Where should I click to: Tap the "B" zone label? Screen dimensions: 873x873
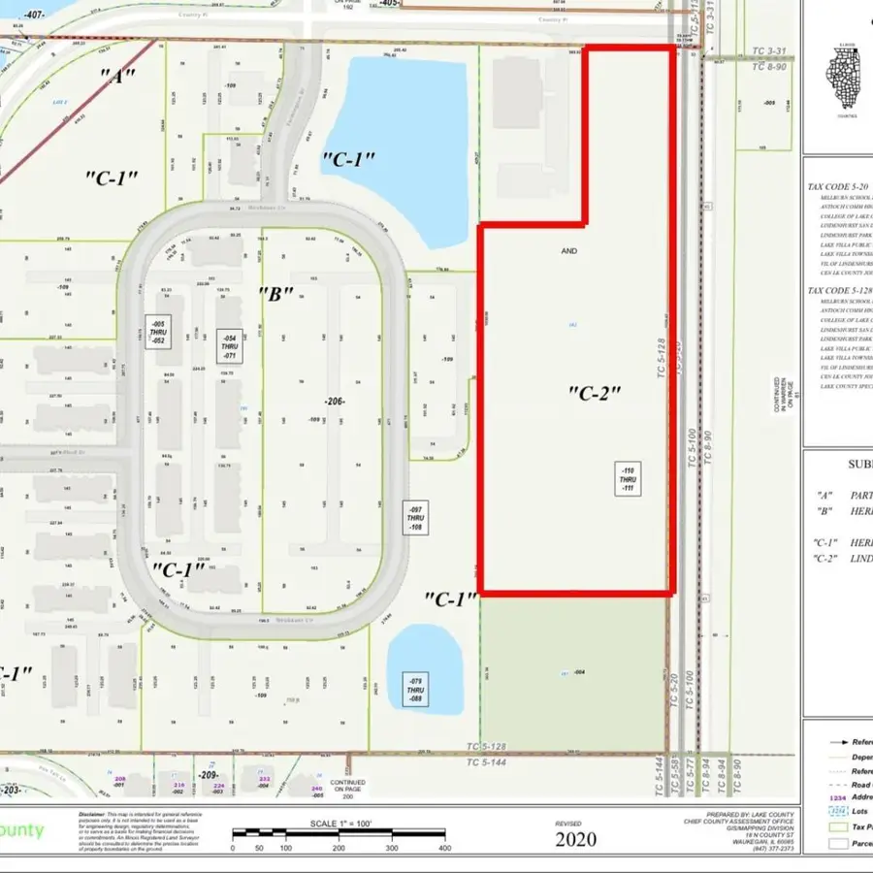tap(275, 294)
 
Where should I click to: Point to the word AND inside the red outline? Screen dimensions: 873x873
tap(568, 251)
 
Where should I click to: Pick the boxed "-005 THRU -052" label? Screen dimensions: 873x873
tap(158, 332)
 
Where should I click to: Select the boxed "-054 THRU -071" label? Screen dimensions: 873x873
tap(229, 344)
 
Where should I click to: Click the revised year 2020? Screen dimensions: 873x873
tap(576, 840)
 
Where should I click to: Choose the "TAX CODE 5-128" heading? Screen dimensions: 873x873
tap(839, 291)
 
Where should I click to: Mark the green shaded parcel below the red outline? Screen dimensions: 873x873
tap(574, 672)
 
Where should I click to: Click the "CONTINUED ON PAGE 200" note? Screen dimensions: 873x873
tap(347, 788)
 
